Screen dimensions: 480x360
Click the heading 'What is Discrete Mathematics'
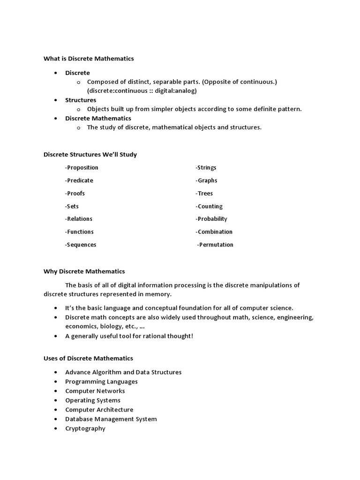click(x=89, y=59)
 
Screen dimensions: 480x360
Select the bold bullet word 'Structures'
click(x=81, y=100)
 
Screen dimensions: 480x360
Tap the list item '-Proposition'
click(x=82, y=168)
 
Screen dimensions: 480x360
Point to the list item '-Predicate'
click(x=79, y=180)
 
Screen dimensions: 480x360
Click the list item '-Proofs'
click(x=75, y=193)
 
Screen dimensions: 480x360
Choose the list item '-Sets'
click(x=72, y=206)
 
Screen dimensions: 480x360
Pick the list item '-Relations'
click(x=79, y=219)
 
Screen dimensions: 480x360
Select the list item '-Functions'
click(x=79, y=232)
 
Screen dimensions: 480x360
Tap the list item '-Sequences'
click(x=81, y=245)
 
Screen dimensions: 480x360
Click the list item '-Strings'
click(x=206, y=168)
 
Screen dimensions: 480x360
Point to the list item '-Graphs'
click(x=206, y=180)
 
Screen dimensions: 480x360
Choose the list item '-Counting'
click(x=209, y=206)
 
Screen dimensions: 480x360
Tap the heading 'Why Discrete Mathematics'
click(x=84, y=271)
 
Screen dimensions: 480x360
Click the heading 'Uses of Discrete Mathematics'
click(x=88, y=358)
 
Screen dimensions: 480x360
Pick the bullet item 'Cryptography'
click(x=85, y=428)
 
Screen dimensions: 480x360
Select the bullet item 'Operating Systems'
click(x=93, y=400)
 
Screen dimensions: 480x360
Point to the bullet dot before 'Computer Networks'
click(x=56, y=391)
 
